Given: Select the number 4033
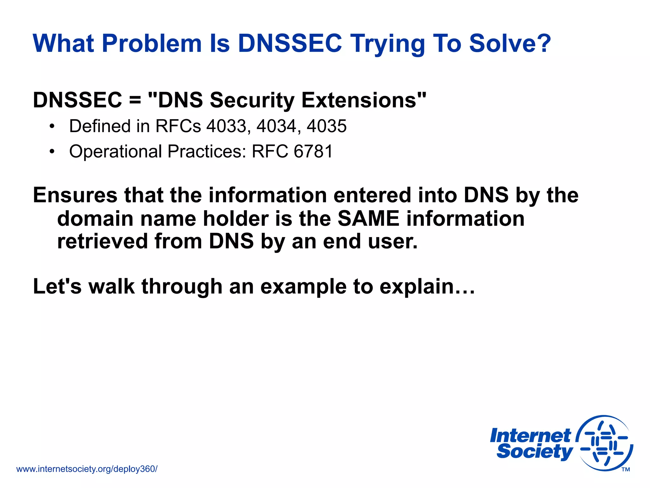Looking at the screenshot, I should point(226,126).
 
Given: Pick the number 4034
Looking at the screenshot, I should point(276,126).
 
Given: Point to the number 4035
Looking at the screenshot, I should point(327,126).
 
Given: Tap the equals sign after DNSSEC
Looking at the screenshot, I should point(135,100).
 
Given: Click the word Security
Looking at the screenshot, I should point(252,100).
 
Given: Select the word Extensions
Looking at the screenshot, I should point(359,100).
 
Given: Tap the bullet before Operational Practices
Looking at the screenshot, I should point(52,152).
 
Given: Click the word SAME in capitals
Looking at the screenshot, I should point(368,219).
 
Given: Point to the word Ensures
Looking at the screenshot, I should point(75,195).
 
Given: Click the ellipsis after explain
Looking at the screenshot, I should point(465,287).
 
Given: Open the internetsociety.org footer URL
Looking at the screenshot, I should point(87,469).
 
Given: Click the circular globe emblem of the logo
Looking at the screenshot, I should point(605,443).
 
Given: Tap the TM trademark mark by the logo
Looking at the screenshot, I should point(626,470).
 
